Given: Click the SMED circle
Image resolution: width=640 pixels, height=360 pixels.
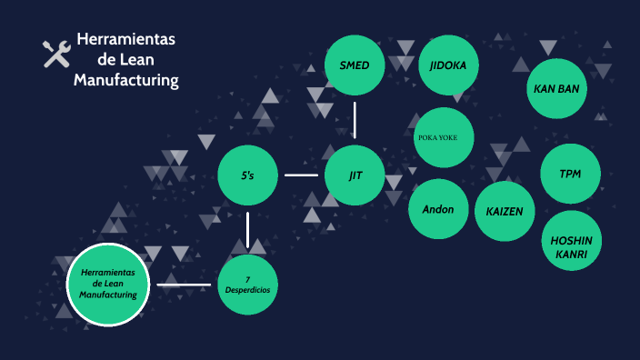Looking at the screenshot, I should tap(355, 65).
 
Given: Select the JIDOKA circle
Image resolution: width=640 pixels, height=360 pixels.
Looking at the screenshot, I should tap(448, 65).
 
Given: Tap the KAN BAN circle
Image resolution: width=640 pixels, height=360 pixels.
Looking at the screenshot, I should tap(557, 89).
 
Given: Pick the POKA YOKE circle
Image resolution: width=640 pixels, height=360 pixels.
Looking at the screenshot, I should tap(443, 137).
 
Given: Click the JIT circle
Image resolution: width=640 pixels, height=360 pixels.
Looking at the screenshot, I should tap(355, 175).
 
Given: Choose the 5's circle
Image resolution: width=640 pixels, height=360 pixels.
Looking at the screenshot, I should tap(247, 175).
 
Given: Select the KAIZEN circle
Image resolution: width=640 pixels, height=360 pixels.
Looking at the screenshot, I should tap(505, 211).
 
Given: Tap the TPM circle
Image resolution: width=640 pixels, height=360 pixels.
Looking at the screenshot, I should tap(570, 174).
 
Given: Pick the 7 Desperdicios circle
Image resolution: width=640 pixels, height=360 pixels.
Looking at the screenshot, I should tap(247, 284).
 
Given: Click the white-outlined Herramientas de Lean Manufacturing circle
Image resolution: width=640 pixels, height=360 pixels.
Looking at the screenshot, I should tap(108, 284).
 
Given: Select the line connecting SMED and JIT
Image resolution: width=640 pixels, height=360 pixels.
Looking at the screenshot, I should tap(355, 119).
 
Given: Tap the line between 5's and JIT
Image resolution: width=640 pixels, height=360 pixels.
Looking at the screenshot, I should tap(301, 175).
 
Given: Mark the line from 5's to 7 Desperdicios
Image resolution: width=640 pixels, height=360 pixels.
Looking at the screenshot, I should tap(247, 229).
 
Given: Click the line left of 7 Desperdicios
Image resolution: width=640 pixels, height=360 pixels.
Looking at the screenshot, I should tap(184, 285).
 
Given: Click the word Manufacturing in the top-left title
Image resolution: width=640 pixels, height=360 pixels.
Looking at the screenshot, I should tap(125, 81).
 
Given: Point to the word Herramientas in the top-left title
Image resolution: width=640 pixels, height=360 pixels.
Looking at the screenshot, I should tap(125, 40).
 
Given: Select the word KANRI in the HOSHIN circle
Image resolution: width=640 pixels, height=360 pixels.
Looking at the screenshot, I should tap(571, 255).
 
